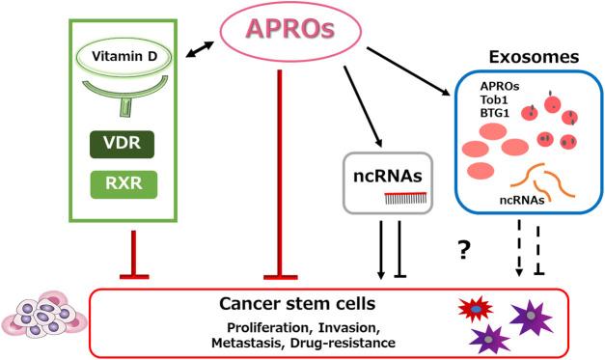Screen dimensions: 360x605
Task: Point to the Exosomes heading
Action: point(533,55)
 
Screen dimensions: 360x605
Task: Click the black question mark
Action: point(464,250)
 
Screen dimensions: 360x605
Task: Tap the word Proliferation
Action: point(255,325)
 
